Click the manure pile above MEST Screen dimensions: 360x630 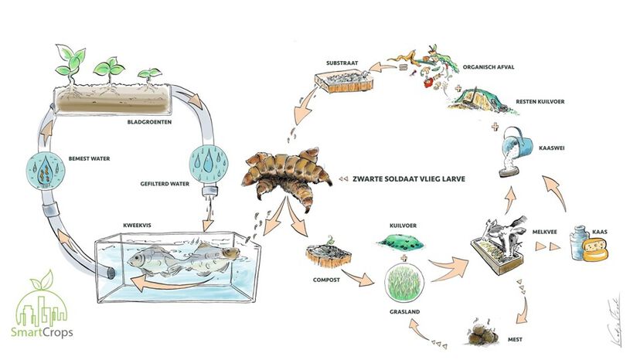pos(484,335)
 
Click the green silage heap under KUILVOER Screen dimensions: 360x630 pos(405,241)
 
